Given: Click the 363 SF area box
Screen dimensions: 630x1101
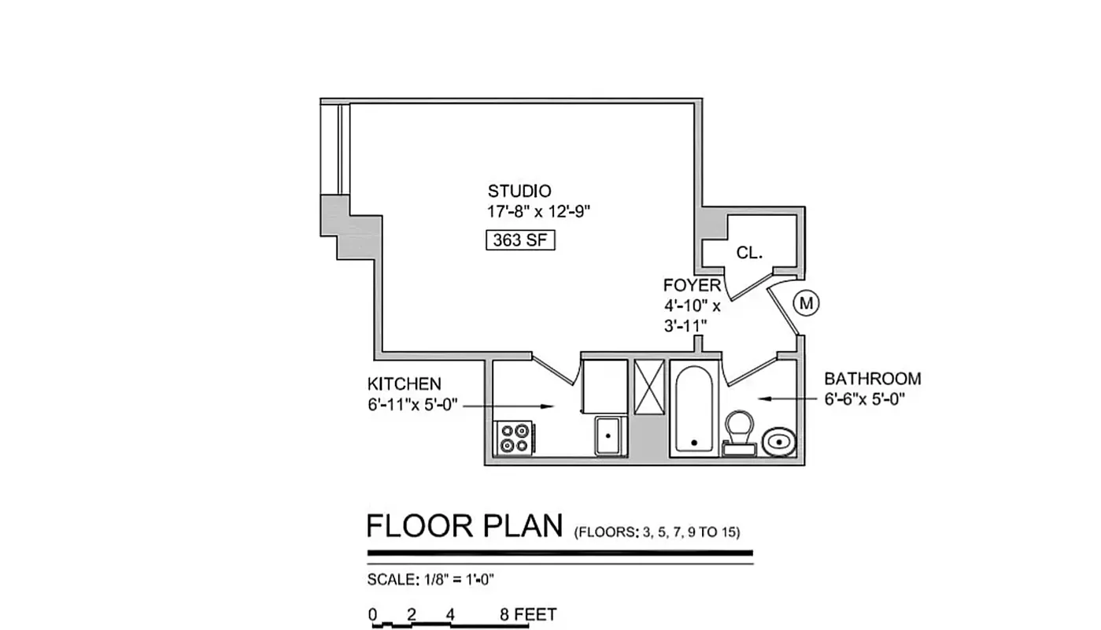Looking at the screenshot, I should pos(519,240).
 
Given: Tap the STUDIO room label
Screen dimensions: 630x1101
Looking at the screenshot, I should pos(519,191).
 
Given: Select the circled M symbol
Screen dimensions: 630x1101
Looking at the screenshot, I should pos(807,302).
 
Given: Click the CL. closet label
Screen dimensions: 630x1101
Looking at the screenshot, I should pos(748,253).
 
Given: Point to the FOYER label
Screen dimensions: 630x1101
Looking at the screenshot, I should pos(692,285).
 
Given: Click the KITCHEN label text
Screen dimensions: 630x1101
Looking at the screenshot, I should pos(405,384).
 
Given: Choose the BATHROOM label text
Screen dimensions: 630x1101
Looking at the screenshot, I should pos(872,379).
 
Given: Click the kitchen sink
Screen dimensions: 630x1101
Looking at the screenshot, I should pos(609,435).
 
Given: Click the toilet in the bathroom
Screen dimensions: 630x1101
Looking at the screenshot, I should pos(739,432).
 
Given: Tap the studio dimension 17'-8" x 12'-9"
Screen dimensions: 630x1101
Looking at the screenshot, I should pos(538,211).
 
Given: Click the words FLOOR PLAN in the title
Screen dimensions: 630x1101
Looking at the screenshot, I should pos(465,526).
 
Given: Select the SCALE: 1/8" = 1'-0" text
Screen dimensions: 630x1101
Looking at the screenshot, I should pos(430,580).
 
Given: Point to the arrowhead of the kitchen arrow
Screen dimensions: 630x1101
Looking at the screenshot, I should pos(553,406).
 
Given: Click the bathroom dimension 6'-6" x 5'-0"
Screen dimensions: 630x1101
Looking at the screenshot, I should pos(865,398).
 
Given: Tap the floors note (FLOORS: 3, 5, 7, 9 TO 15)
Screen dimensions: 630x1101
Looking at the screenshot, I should pos(657,532).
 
